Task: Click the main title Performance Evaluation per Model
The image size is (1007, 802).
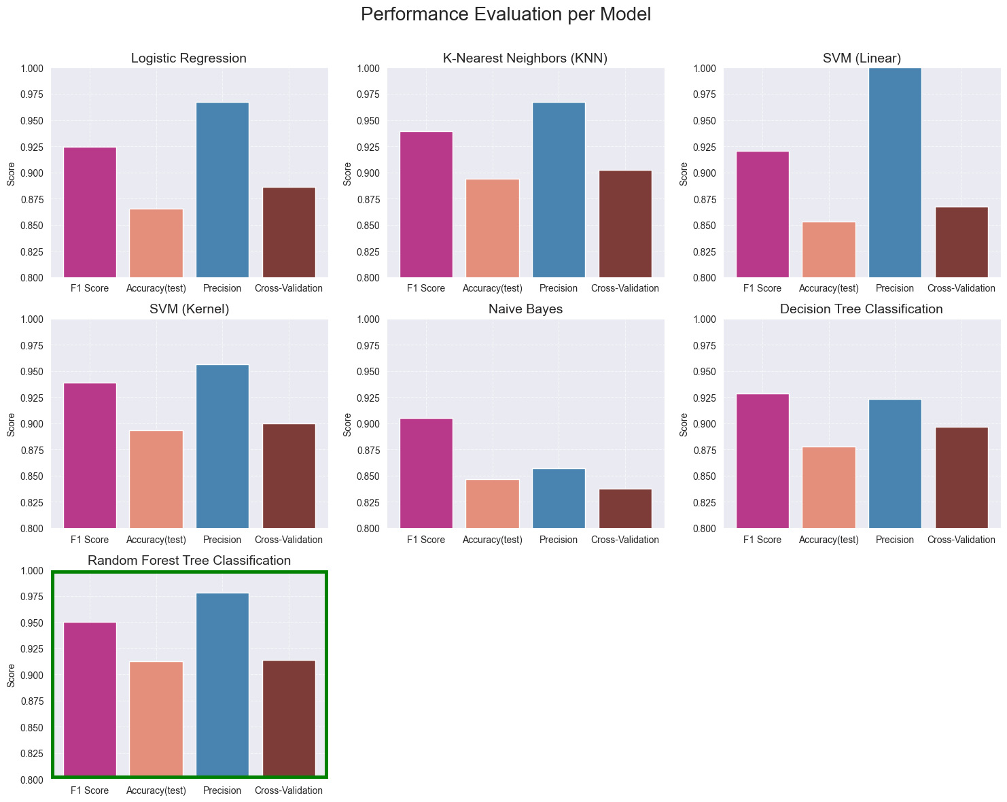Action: click(x=503, y=15)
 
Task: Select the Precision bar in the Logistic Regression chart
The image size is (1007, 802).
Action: click(x=222, y=190)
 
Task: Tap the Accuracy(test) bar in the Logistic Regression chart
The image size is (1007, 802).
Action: click(x=156, y=243)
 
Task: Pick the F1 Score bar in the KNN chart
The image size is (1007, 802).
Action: click(x=426, y=205)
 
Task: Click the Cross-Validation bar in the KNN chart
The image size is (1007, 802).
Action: click(x=625, y=224)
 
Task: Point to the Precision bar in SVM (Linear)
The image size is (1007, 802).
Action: click(x=895, y=173)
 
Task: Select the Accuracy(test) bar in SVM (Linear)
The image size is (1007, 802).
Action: click(x=828, y=249)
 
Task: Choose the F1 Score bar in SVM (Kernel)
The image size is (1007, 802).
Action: click(x=90, y=455)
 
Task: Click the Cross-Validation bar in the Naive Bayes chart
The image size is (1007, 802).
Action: click(x=625, y=508)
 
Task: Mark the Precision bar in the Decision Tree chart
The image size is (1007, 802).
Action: click(x=895, y=464)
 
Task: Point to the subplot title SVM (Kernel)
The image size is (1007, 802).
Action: click(x=190, y=309)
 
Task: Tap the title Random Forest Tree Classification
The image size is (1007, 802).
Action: click(x=190, y=561)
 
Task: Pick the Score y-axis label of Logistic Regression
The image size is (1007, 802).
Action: click(x=11, y=173)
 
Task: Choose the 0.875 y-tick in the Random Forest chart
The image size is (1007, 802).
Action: click(x=32, y=701)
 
